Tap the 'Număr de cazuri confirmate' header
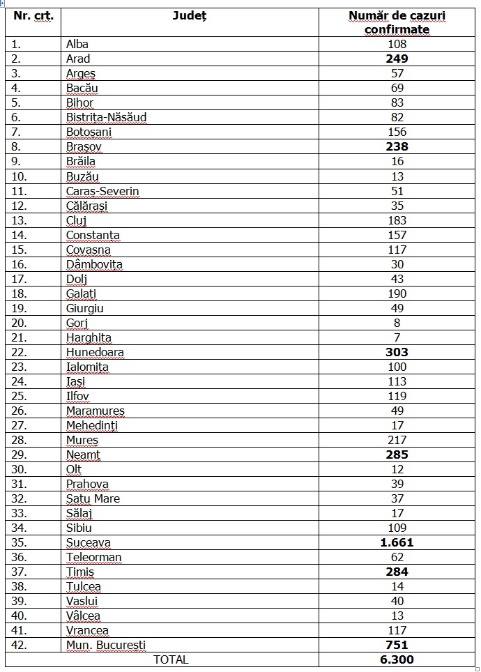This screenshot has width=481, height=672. (x=397, y=22)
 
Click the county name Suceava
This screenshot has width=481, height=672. (x=88, y=542)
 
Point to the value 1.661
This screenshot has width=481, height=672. (x=397, y=542)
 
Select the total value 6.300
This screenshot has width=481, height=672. (x=397, y=659)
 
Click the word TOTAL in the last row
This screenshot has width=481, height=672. (x=171, y=659)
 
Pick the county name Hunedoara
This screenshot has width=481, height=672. (x=95, y=352)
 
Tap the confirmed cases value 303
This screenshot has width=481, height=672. (x=397, y=352)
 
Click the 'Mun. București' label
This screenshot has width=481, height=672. (x=106, y=645)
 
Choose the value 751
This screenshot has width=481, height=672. (x=397, y=645)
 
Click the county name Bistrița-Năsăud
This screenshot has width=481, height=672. (x=106, y=117)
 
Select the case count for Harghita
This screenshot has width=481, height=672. (x=397, y=337)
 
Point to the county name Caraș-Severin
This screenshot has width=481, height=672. (x=102, y=191)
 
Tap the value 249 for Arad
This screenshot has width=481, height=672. (x=397, y=59)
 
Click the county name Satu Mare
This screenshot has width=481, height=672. (x=93, y=498)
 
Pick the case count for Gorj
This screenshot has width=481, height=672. (x=397, y=323)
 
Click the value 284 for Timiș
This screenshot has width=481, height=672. (x=397, y=572)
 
